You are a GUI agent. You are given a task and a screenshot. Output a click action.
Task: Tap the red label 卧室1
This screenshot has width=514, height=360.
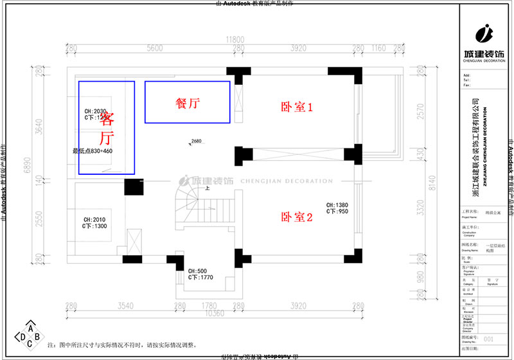pos(297,107)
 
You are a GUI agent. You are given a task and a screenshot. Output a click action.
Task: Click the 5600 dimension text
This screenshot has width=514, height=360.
pos(154,48)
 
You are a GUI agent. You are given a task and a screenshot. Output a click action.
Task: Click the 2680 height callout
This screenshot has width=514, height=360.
pos(196,141)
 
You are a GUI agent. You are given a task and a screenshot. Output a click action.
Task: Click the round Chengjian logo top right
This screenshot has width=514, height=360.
pos(485,32)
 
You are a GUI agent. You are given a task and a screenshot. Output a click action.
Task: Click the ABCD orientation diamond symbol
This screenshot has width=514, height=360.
pos(30,335)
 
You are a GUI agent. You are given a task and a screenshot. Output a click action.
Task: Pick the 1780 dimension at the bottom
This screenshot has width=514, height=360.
pos(209,305)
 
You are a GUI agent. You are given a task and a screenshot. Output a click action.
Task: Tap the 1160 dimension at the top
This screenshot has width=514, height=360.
pos(378,48)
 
